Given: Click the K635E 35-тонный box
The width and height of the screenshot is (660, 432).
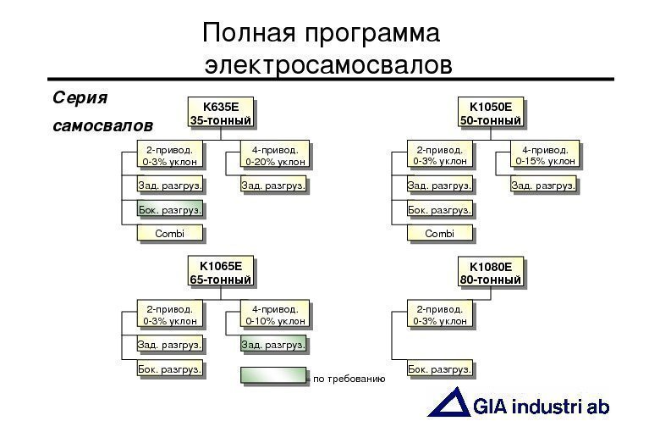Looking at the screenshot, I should click(x=220, y=114).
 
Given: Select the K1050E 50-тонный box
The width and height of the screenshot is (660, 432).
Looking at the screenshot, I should click(x=491, y=114).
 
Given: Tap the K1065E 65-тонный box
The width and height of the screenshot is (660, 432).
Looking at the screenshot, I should click(x=220, y=273).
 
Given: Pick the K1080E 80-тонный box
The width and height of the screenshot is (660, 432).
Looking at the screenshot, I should click(x=491, y=273).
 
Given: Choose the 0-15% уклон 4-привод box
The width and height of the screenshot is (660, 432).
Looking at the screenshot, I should click(x=546, y=155).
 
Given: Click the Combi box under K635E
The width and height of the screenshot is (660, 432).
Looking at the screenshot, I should click(x=170, y=233).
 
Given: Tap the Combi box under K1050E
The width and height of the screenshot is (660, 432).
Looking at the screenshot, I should click(x=439, y=233).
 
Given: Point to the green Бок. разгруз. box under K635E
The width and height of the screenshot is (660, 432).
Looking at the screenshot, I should click(x=170, y=209).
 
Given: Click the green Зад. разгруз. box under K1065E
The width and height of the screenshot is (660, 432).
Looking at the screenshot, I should click(x=273, y=345).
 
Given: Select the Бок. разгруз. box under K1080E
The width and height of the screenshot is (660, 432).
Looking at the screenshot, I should click(x=439, y=369).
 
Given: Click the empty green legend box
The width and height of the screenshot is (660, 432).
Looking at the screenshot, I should click(x=272, y=375).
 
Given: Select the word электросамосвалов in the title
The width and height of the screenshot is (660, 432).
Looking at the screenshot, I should click(x=329, y=64).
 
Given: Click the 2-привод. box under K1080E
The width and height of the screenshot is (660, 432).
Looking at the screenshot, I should click(x=439, y=315).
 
